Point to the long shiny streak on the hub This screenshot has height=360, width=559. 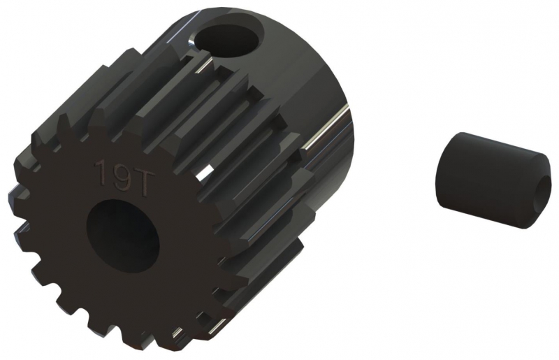click(x=326, y=128)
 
